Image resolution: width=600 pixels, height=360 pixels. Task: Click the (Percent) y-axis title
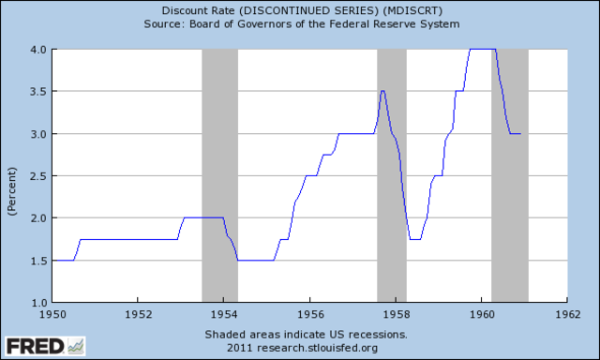tap(11, 175)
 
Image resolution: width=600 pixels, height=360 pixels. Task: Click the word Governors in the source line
tap(284, 23)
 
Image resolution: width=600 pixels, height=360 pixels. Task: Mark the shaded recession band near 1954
tap(219, 175)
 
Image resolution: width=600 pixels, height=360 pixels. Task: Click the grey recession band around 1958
tap(392, 175)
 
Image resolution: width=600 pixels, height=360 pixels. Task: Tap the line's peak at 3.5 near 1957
tap(382, 91)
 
